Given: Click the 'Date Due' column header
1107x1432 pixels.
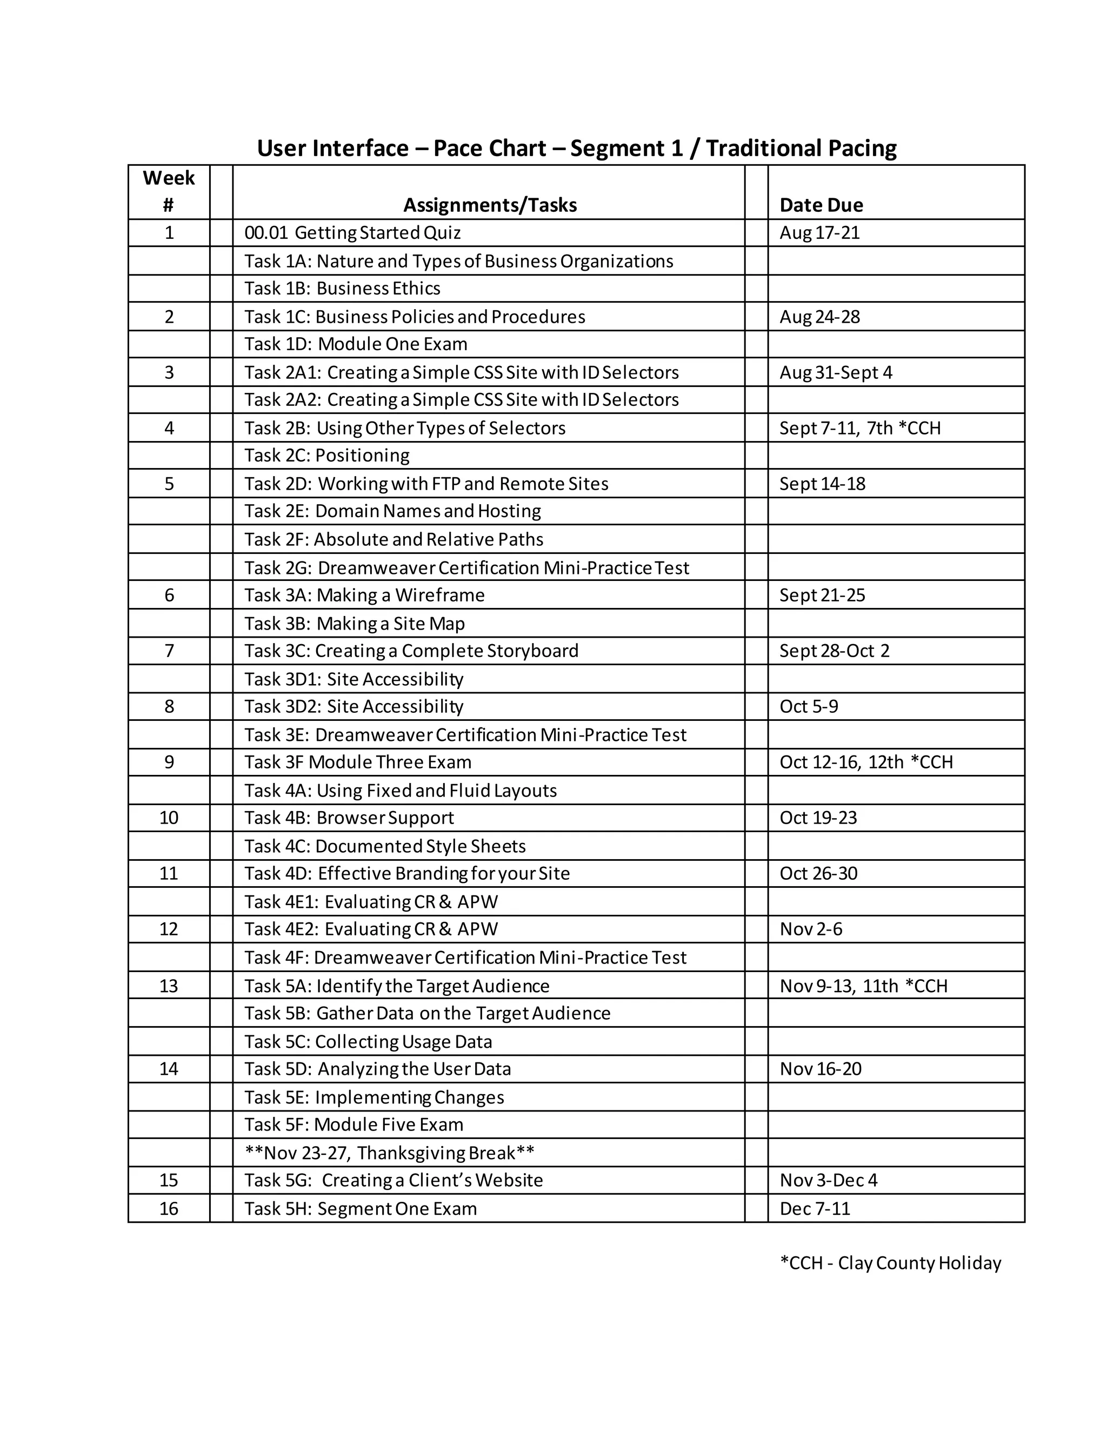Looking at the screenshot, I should (821, 205).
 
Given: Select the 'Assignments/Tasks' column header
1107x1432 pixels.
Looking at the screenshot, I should (490, 205).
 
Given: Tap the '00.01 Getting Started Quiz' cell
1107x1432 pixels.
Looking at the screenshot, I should (352, 233).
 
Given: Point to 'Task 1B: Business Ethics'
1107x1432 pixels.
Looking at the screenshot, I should (342, 289).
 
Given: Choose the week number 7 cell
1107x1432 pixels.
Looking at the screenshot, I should (169, 651).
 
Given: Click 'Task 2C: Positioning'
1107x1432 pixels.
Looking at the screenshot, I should (326, 456).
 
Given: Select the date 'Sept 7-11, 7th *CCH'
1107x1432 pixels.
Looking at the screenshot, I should (860, 428).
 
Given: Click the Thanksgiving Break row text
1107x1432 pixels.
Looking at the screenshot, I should (389, 1153).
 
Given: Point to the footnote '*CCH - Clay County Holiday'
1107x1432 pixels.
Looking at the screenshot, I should (890, 1263).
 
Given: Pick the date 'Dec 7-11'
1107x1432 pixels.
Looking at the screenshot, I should (815, 1208).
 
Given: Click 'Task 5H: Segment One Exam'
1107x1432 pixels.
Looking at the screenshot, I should (360, 1208).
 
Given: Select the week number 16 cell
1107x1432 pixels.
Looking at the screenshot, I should (169, 1208).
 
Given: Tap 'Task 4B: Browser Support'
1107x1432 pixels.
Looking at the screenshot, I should (349, 818).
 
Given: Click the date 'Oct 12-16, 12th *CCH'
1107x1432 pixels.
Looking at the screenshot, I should (866, 762).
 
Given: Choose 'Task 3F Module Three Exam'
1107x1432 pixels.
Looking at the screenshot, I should (357, 762).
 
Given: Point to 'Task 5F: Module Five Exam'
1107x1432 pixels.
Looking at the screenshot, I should (354, 1125).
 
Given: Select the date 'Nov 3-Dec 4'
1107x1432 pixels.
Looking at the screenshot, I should (828, 1180).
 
